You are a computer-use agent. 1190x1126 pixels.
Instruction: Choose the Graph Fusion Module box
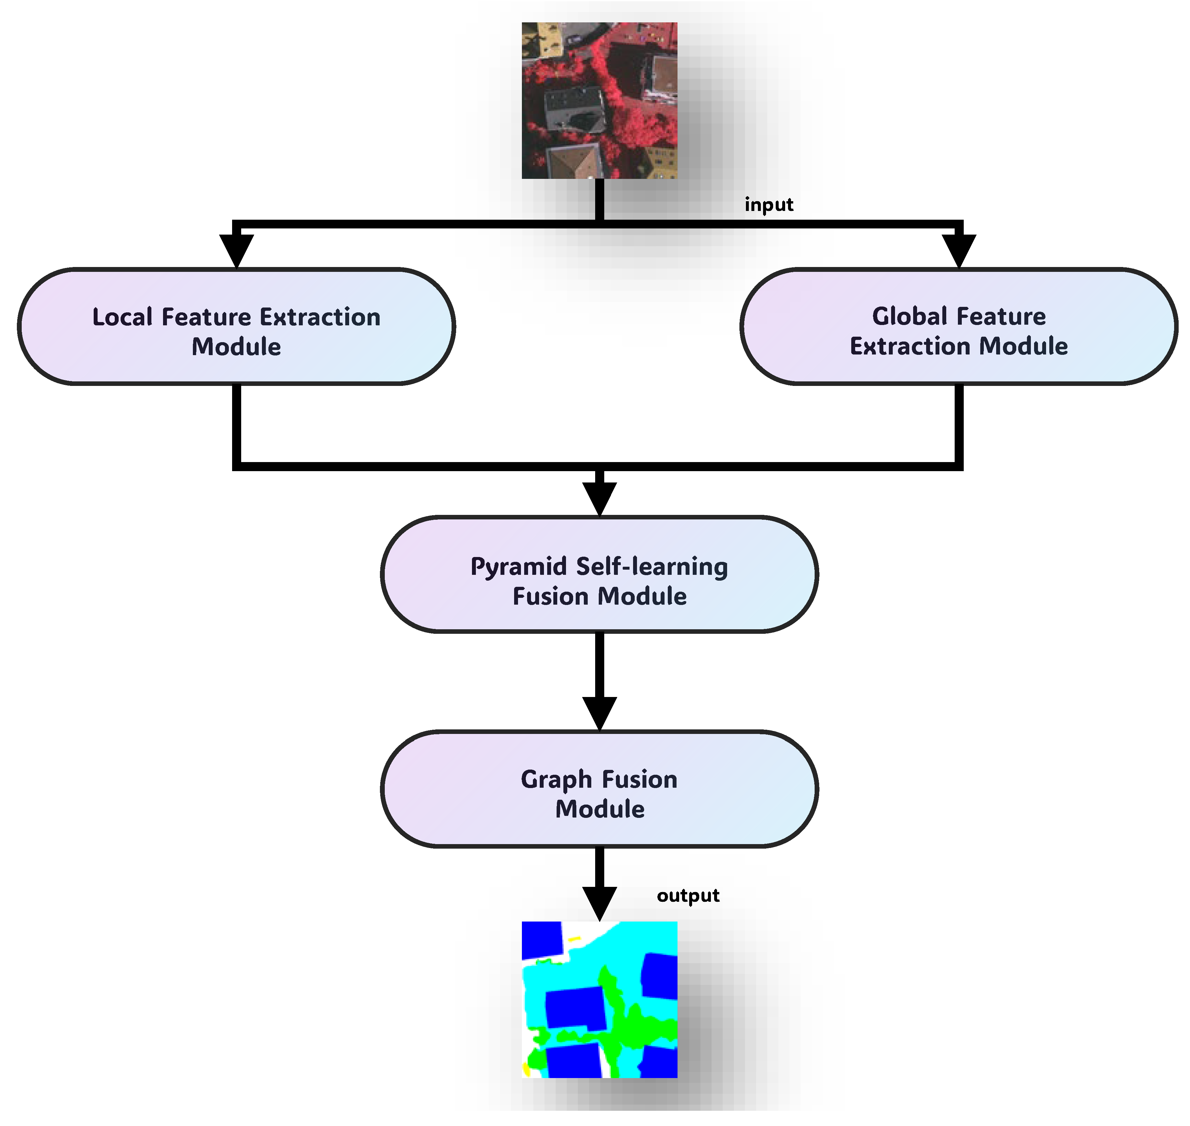[599, 789]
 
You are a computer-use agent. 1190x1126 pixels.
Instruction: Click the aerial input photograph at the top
[599, 100]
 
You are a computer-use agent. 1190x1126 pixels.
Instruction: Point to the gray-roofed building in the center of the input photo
[575, 111]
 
